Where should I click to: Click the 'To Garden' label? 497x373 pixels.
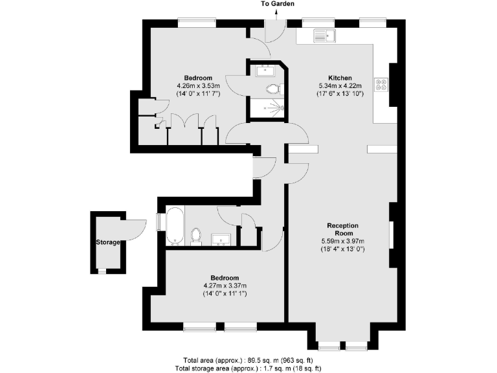278,4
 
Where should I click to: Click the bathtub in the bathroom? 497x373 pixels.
175,225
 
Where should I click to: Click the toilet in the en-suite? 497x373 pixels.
272,89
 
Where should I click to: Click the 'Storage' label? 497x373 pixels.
108,242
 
